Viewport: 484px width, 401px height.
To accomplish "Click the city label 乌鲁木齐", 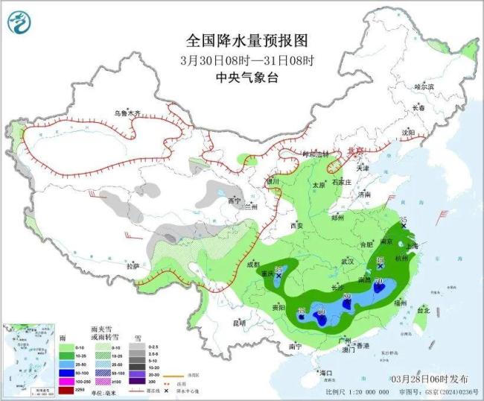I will coord(127,113).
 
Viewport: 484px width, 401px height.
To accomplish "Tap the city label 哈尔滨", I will coord(424,87).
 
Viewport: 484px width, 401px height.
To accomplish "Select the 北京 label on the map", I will coord(357,151).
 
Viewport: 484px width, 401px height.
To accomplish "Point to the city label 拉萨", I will coord(132,266).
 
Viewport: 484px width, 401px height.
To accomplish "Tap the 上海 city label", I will coord(410,244).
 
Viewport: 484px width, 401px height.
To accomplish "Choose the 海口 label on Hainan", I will coord(325,372).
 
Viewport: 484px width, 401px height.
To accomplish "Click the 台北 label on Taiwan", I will coord(423,309).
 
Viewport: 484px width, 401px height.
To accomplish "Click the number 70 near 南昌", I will coord(379,282).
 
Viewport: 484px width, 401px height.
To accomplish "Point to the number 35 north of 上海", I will coord(403,218).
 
